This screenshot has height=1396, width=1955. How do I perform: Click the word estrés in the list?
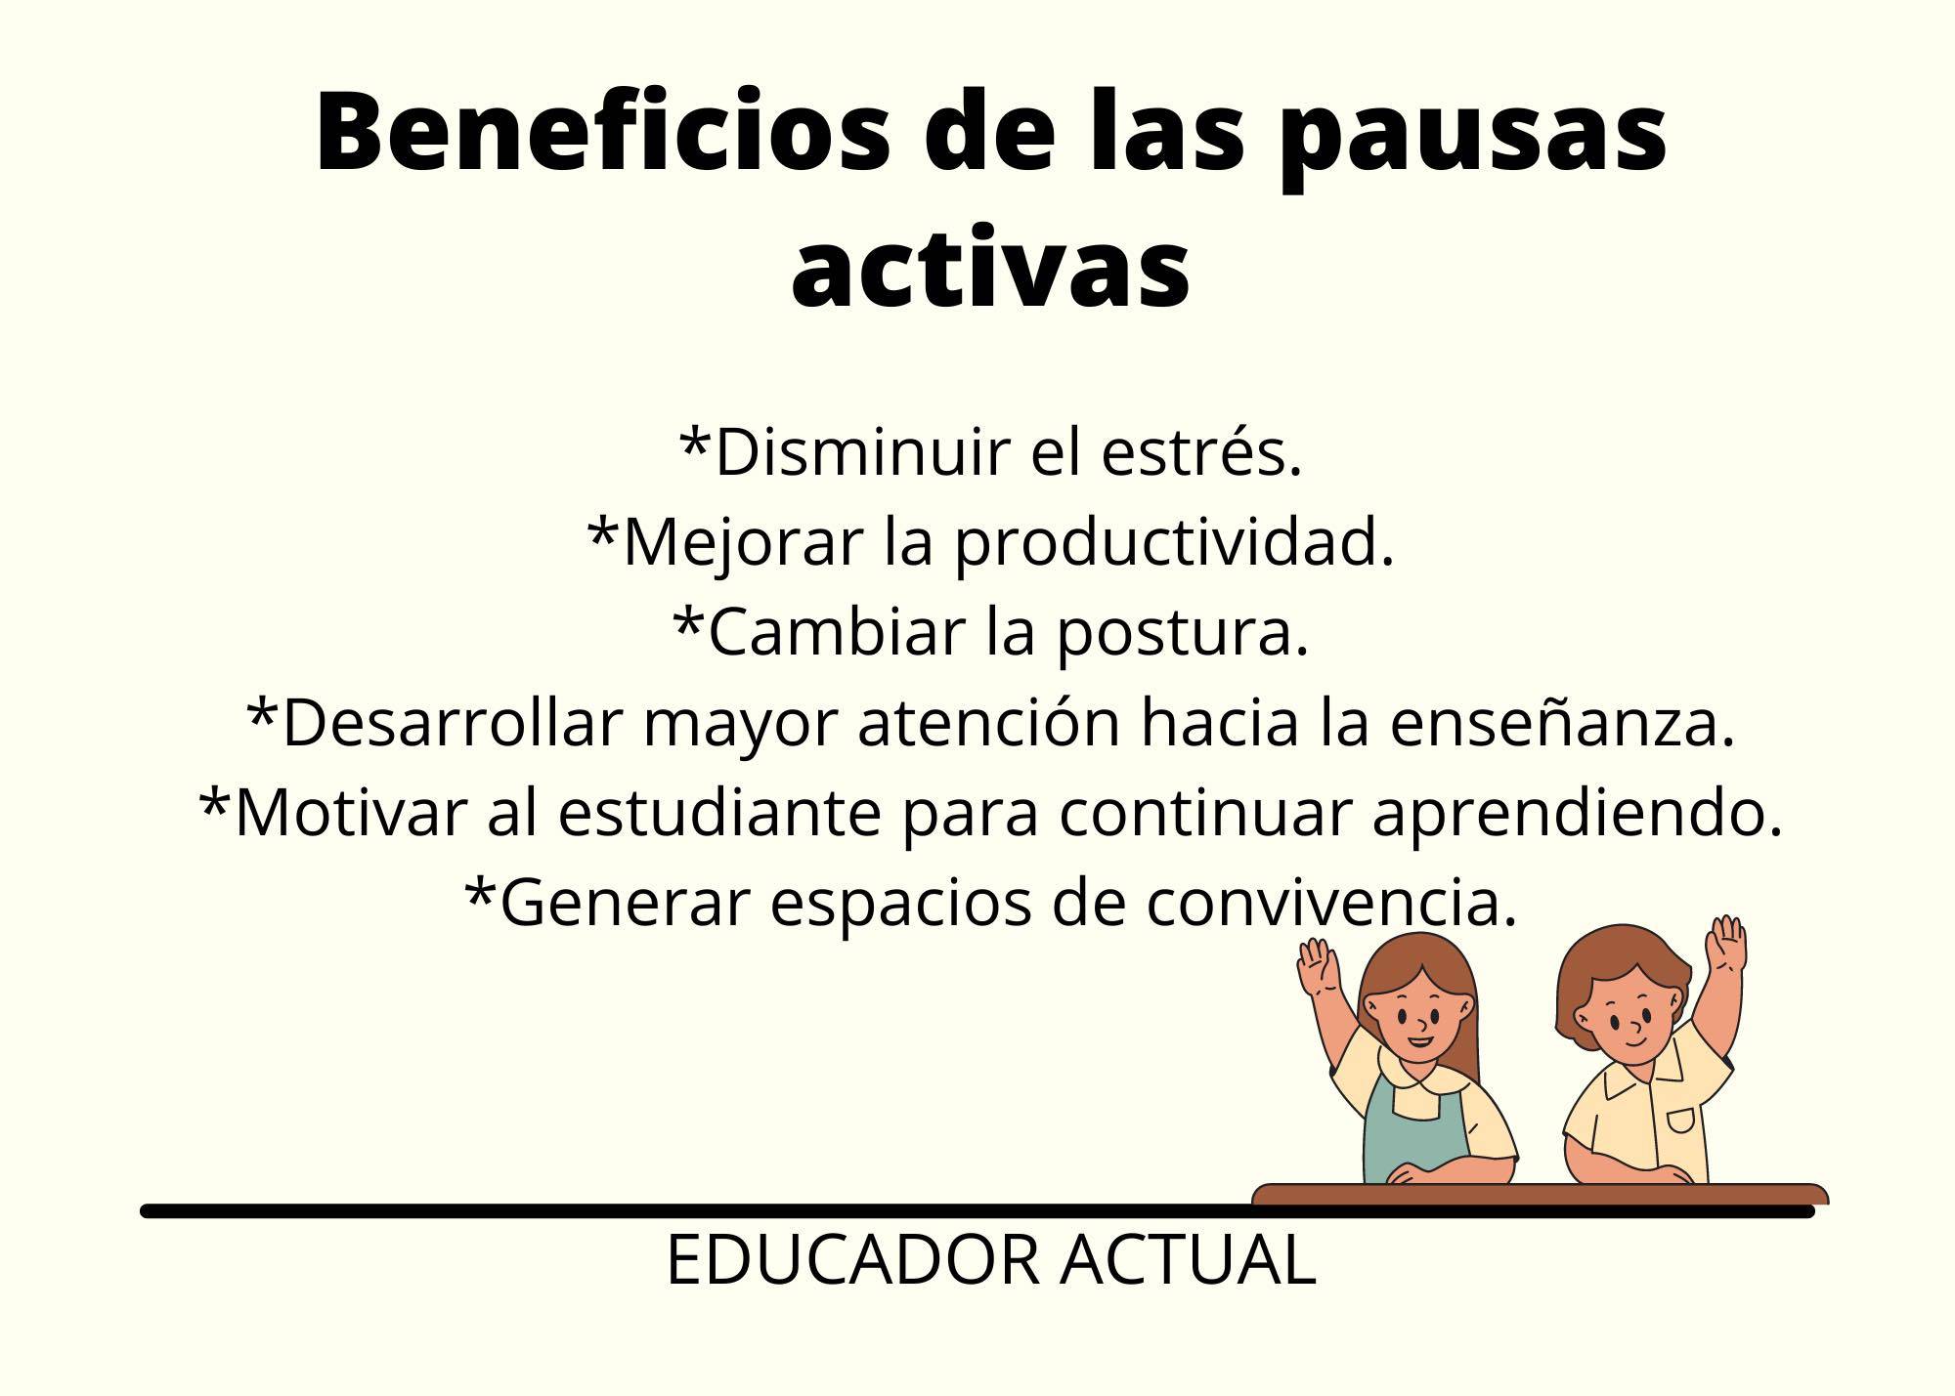point(1201,453)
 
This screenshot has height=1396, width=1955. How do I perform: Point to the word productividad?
point(1173,543)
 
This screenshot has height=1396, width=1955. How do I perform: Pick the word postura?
point(1182,634)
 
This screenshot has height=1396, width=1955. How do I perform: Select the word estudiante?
point(720,813)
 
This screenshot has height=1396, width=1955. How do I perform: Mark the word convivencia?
point(1331,903)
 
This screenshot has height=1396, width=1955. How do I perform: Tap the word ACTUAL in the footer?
point(1188,1260)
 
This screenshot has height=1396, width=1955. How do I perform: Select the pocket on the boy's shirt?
point(1680,1121)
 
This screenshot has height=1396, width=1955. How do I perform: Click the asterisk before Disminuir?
point(694,442)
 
